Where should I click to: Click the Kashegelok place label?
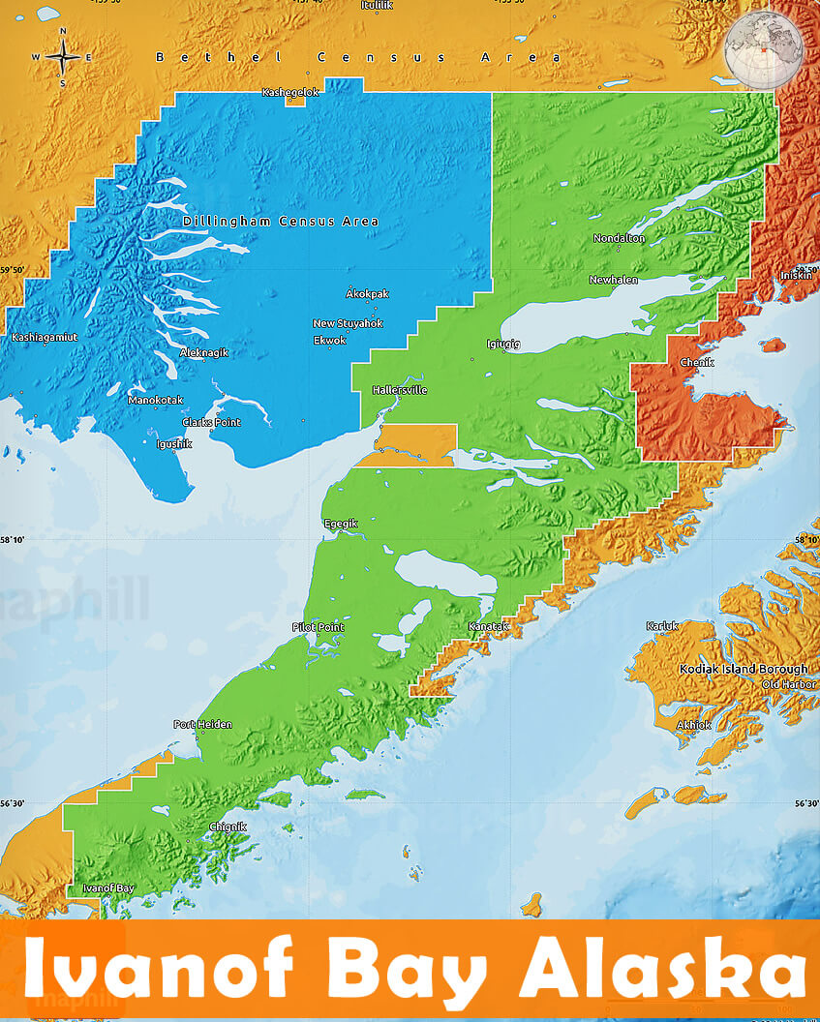pyautogui.click(x=290, y=92)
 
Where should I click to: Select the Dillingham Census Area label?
pyautogui.click(x=281, y=222)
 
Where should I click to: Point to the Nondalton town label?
pyautogui.click(x=619, y=238)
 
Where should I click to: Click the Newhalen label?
pyautogui.click(x=614, y=280)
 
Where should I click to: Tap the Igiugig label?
pyautogui.click(x=503, y=344)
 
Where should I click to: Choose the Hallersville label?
pyautogui.click(x=400, y=390)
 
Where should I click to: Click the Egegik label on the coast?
pyautogui.click(x=340, y=524)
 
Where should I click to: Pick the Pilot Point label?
pyautogui.click(x=318, y=627)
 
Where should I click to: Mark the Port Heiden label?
pyautogui.click(x=202, y=724)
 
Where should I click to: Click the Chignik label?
pyautogui.click(x=228, y=827)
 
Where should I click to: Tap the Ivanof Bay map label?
pyautogui.click(x=108, y=887)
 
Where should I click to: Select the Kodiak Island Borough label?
pyautogui.click(x=743, y=669)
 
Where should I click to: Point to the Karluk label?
pyautogui.click(x=663, y=626)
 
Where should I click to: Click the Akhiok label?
pyautogui.click(x=693, y=725)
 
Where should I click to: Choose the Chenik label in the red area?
pyautogui.click(x=697, y=362)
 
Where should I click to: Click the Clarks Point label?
pyautogui.click(x=211, y=422)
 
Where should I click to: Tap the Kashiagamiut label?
pyautogui.click(x=44, y=337)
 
